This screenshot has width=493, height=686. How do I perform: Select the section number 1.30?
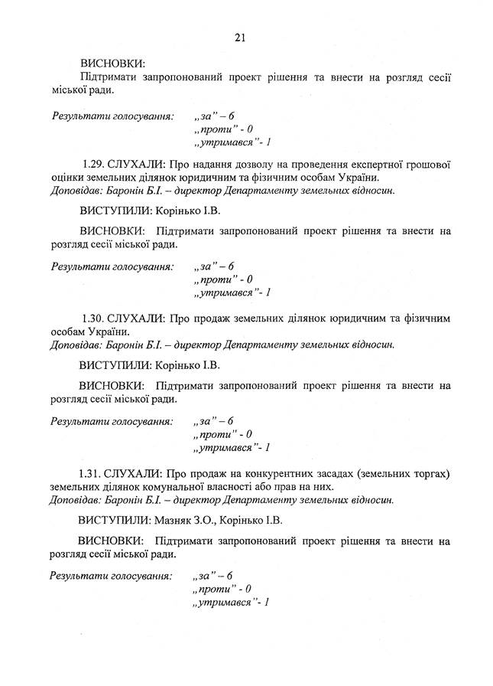(92, 318)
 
